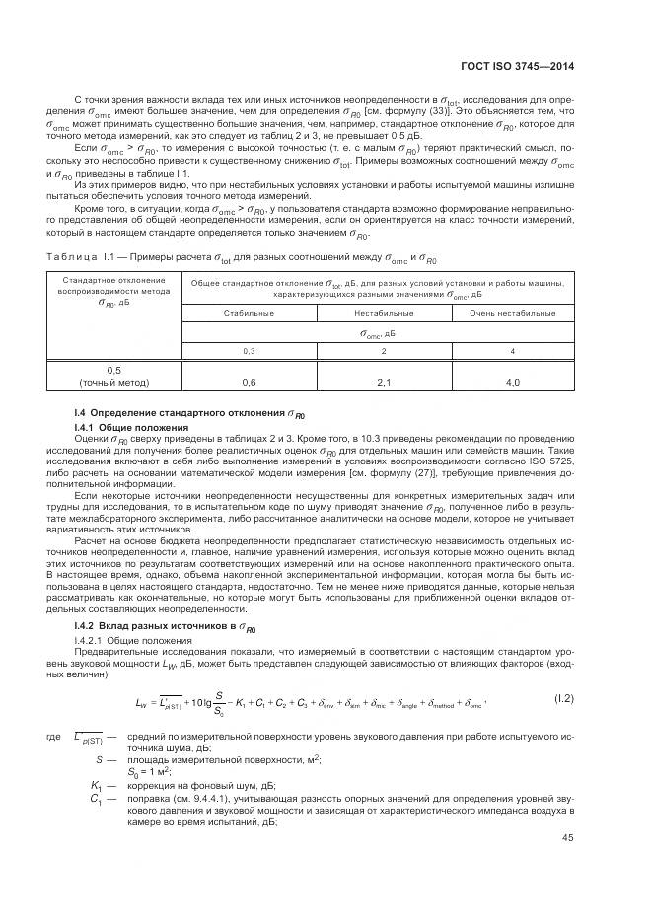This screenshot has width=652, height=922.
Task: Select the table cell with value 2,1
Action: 384,381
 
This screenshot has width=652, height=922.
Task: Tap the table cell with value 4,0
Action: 512,381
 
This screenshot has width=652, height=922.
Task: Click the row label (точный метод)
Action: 113,381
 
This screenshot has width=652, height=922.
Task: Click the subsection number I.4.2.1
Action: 91,641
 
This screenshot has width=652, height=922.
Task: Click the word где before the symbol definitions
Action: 52,737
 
